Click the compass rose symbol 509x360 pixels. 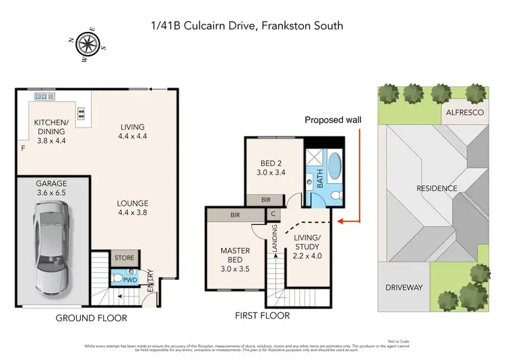[x=86, y=44]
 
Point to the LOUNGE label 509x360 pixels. [x=132, y=203]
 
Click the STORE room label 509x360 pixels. [x=125, y=257]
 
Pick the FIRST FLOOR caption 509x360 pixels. [x=262, y=315]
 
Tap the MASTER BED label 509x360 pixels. [x=235, y=255]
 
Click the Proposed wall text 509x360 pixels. [x=333, y=120]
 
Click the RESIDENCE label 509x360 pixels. [x=436, y=188]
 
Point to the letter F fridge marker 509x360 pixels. [x=22, y=147]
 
